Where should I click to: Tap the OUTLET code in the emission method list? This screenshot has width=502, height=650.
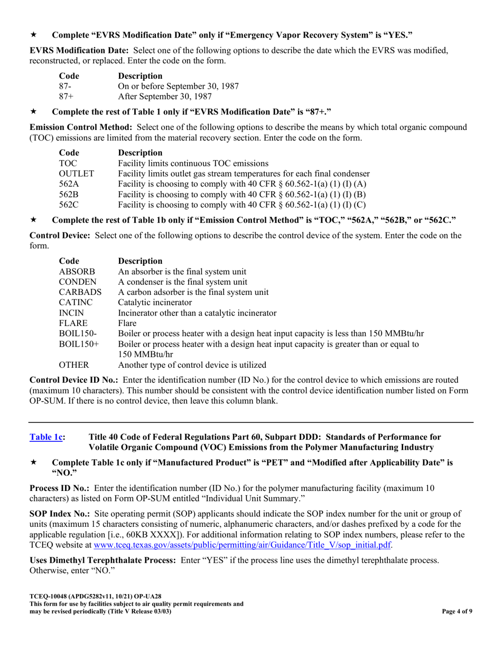pyautogui.click(x=76, y=173)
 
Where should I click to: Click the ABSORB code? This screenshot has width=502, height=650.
pyautogui.click(x=77, y=272)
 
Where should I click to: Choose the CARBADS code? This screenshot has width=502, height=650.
pyautogui.click(x=80, y=292)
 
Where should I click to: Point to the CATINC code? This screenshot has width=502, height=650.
pyautogui.click(x=76, y=302)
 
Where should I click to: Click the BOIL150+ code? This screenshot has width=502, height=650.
pyautogui.click(x=79, y=343)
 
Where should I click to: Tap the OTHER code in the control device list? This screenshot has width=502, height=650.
pyautogui.click(x=74, y=365)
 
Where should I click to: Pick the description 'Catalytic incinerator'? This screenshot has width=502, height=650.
pyautogui.click(x=155, y=302)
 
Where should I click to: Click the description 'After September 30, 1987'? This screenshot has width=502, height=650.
pyautogui.click(x=165, y=96)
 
